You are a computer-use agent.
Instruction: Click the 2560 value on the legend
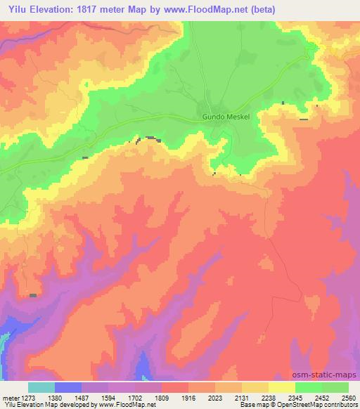tap(349, 397)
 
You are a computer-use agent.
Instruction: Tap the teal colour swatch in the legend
tap(41, 387)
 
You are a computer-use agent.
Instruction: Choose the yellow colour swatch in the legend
tap(281, 387)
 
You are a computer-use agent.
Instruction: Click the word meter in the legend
tap(9, 397)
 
